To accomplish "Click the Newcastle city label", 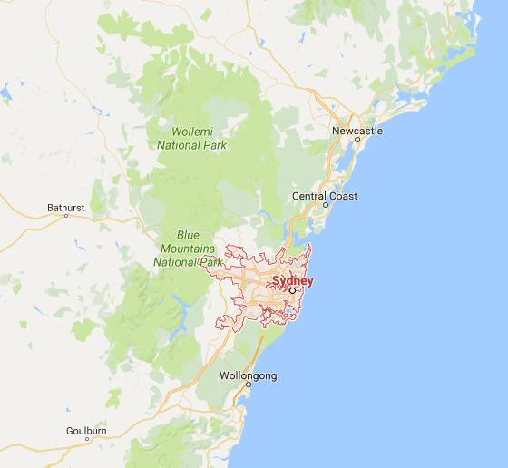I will tap(357, 131).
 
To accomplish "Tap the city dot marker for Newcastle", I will tap(357, 139).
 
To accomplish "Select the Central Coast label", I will tap(325, 196).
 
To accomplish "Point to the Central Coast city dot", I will tap(324, 204).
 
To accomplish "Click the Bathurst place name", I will tap(65, 208).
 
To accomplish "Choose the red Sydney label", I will tap(292, 281).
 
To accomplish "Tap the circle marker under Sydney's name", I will tap(292, 290).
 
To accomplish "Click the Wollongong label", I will tap(248, 375).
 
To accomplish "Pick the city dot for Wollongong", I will tap(247, 385).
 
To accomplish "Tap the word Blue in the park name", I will tap(188, 235).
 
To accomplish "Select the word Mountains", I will tap(188, 248).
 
